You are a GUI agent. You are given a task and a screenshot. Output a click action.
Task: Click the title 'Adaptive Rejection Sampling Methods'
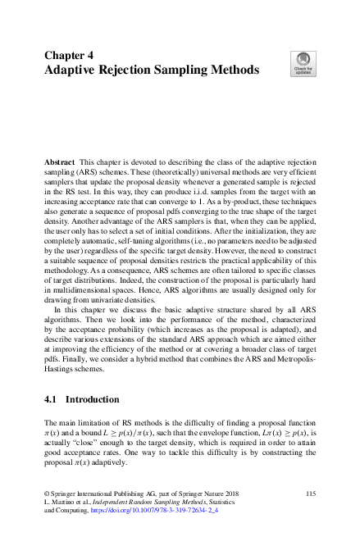point(151,71)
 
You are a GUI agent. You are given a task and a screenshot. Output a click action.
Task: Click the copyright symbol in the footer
point(45,492)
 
